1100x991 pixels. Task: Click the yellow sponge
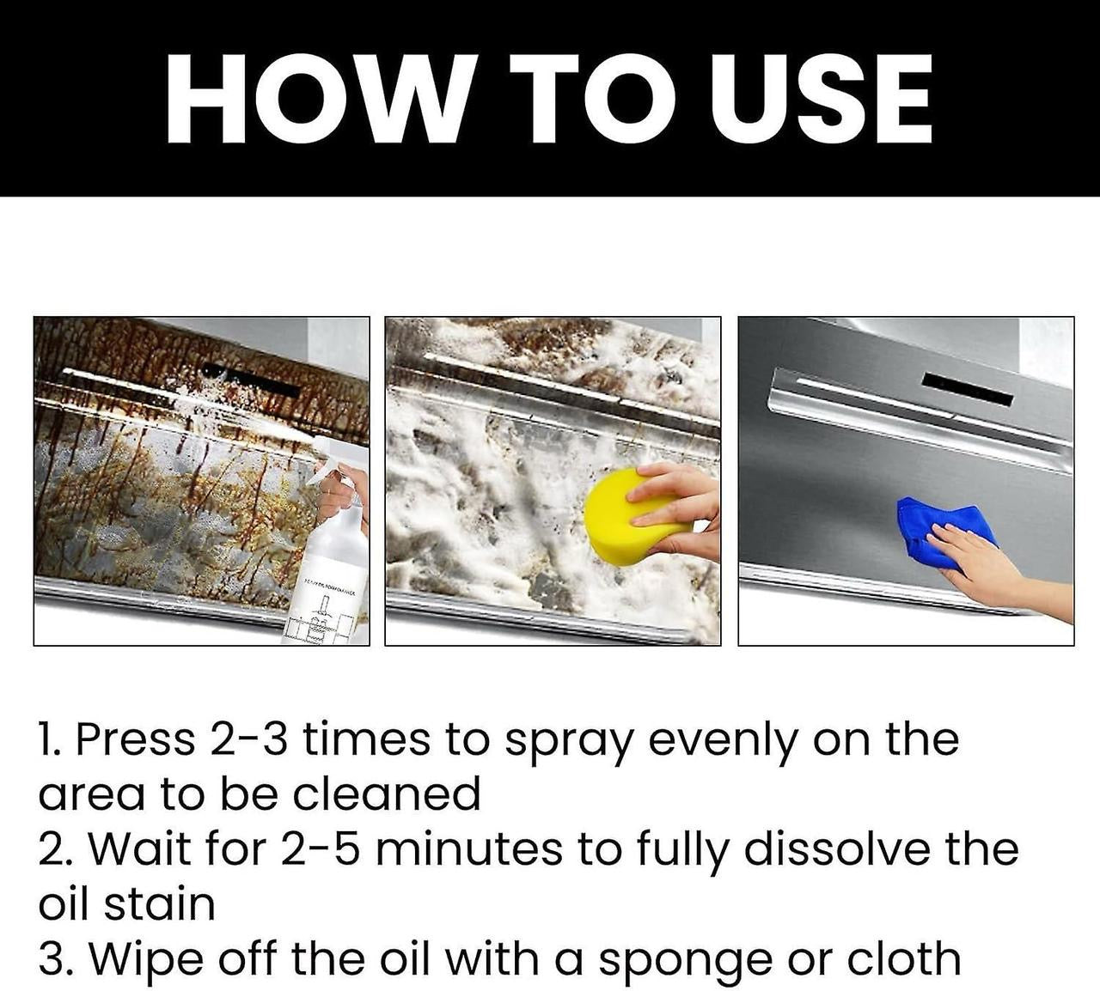[620, 518]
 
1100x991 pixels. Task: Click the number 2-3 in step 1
[247, 739]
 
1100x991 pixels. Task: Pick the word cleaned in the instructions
[386, 794]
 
